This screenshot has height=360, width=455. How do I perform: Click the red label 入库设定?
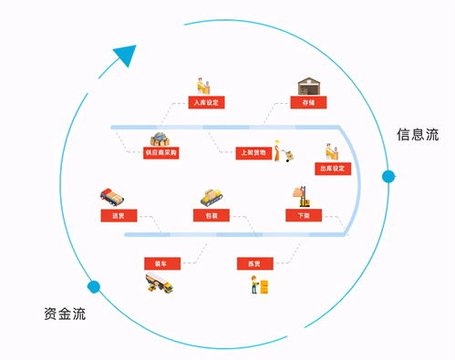pos(206,102)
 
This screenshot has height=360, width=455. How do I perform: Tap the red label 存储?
pos(308,102)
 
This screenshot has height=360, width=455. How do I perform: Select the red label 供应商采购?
pos(161,152)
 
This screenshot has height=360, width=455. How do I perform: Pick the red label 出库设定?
pos(332,169)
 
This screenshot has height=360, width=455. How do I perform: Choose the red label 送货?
pos(118,216)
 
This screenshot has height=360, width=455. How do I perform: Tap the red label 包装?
pos(211,216)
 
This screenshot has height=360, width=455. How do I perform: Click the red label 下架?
pos(303,216)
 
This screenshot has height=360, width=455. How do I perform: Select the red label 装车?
pos(160,263)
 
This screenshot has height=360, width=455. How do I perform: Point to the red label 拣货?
pos(253,263)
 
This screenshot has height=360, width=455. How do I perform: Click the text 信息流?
pos(417,135)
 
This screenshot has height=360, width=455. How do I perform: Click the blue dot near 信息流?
pos(388,175)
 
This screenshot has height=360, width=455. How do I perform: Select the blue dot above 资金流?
pos(92,286)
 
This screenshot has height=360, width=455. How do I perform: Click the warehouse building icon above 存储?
pos(308,85)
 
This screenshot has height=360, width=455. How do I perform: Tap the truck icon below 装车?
pos(159,285)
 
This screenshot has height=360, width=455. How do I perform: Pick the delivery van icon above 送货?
pos(111,196)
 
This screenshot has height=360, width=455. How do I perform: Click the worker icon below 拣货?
pos(254,284)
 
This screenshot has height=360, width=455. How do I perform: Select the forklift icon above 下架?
pos(302,195)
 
